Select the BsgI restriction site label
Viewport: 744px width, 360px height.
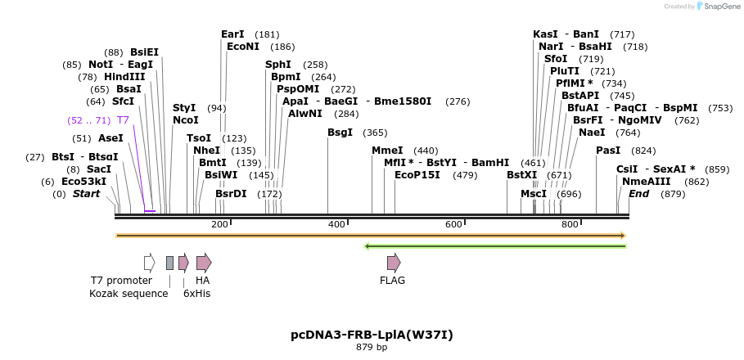coord(340,133)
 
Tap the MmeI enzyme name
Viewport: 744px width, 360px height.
coord(387,151)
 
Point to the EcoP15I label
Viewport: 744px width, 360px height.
coord(417,175)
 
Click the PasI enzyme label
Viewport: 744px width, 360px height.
coord(608,151)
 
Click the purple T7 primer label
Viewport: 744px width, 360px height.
coord(124,120)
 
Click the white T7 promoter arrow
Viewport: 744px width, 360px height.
coord(149,263)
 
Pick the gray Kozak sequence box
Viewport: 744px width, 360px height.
coord(169,263)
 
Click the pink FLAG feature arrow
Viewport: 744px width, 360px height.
coord(394,263)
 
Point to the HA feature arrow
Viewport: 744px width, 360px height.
coord(204,263)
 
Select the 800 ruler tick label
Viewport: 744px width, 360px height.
coord(570,224)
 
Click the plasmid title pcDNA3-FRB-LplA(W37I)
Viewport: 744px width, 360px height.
coord(372,335)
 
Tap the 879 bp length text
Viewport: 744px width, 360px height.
coord(372,348)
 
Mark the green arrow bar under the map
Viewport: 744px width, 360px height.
coord(495,245)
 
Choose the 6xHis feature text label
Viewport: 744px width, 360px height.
coord(196,293)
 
